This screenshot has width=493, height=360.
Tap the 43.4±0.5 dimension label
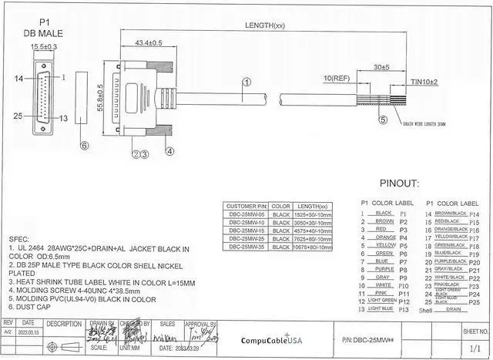148,43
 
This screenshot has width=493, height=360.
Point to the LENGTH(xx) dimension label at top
265,26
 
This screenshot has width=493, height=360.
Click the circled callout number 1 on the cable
246,82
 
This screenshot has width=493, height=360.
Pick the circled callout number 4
169,151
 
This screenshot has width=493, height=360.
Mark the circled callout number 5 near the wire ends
383,119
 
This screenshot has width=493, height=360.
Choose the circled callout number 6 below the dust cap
85,144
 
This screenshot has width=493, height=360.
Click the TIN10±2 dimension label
423,82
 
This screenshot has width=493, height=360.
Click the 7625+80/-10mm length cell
313,238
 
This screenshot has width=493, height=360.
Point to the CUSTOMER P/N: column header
245,207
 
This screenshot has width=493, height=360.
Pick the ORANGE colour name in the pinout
384,237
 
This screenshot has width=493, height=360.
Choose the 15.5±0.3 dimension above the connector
45,47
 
